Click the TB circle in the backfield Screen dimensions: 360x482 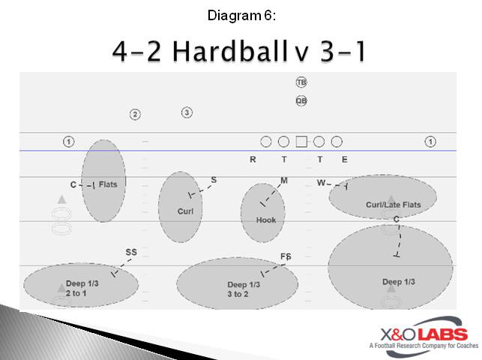[301, 82]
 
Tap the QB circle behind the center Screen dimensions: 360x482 [301, 100]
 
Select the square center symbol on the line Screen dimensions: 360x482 [301, 141]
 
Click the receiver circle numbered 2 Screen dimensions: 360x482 [135, 115]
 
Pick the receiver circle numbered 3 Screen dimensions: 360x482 [187, 112]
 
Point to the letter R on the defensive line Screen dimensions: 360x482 [253, 160]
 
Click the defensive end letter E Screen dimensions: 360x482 [344, 160]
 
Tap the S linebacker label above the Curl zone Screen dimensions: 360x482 [214, 180]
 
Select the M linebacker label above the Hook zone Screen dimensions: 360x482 [283, 181]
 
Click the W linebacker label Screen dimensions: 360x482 [321, 182]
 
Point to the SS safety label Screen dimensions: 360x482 [131, 253]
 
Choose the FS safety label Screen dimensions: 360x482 [286, 257]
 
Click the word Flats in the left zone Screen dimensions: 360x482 [107, 184]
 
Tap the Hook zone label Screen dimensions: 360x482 [266, 220]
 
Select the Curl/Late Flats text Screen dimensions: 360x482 [393, 205]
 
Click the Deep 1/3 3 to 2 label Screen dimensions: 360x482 [244, 289]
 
